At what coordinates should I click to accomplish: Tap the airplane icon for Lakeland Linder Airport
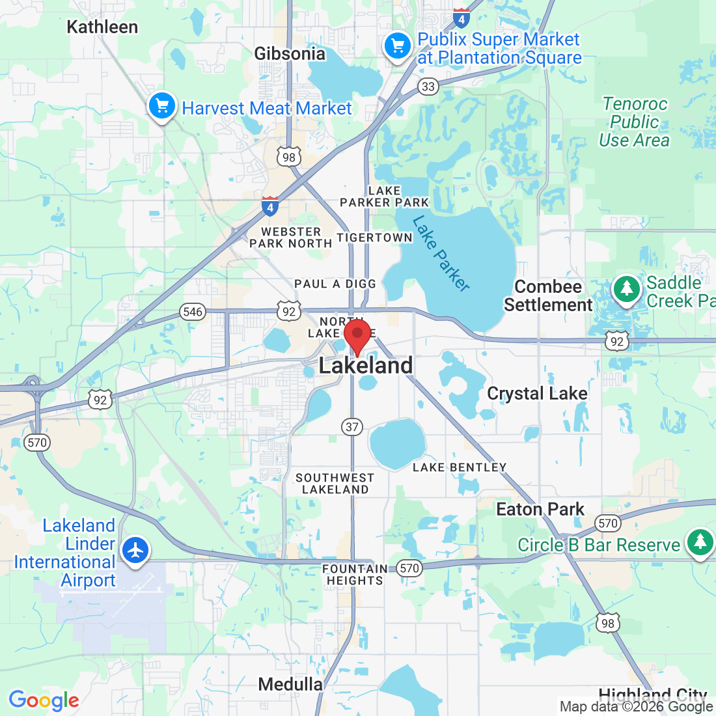pyautogui.click(x=135, y=551)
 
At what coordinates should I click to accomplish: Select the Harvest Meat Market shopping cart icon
pyautogui.click(x=162, y=106)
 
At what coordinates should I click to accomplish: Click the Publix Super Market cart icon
pyautogui.click(x=398, y=46)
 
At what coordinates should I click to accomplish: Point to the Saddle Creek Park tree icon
pyautogui.click(x=626, y=289)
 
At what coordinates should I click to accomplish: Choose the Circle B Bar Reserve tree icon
pyautogui.click(x=700, y=542)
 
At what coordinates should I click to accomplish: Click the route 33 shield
pyautogui.click(x=428, y=87)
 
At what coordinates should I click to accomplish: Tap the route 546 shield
pyautogui.click(x=193, y=312)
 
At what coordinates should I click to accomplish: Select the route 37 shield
pyautogui.click(x=352, y=427)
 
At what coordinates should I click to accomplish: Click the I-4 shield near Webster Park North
pyautogui.click(x=270, y=206)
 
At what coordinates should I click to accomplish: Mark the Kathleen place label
pyautogui.click(x=102, y=27)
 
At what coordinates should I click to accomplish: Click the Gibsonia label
pyautogui.click(x=290, y=53)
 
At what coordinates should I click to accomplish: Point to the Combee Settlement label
pyautogui.click(x=548, y=296)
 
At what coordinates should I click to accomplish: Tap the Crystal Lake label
pyautogui.click(x=537, y=394)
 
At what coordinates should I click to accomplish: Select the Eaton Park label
pyautogui.click(x=540, y=509)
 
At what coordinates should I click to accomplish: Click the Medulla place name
pyautogui.click(x=290, y=684)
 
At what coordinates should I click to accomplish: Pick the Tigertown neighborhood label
pyautogui.click(x=374, y=238)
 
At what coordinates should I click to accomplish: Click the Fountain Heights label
pyautogui.click(x=355, y=575)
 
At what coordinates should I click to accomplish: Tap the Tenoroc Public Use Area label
pyautogui.click(x=634, y=122)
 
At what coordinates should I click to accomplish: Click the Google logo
pyautogui.click(x=44, y=700)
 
